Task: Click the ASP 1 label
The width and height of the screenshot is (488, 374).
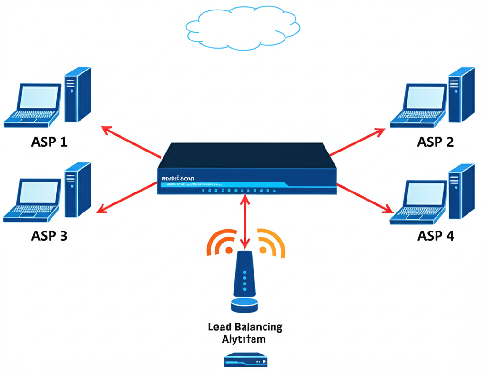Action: click(49, 142)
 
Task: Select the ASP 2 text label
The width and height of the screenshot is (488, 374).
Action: click(436, 142)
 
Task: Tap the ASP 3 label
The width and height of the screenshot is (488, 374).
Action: click(49, 235)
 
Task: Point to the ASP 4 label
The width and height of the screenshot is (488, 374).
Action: click(436, 235)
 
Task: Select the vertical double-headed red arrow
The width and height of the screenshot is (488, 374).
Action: click(245, 222)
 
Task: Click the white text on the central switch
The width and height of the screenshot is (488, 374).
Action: click(178, 178)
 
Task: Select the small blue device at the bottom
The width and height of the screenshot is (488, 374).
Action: click(244, 360)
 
